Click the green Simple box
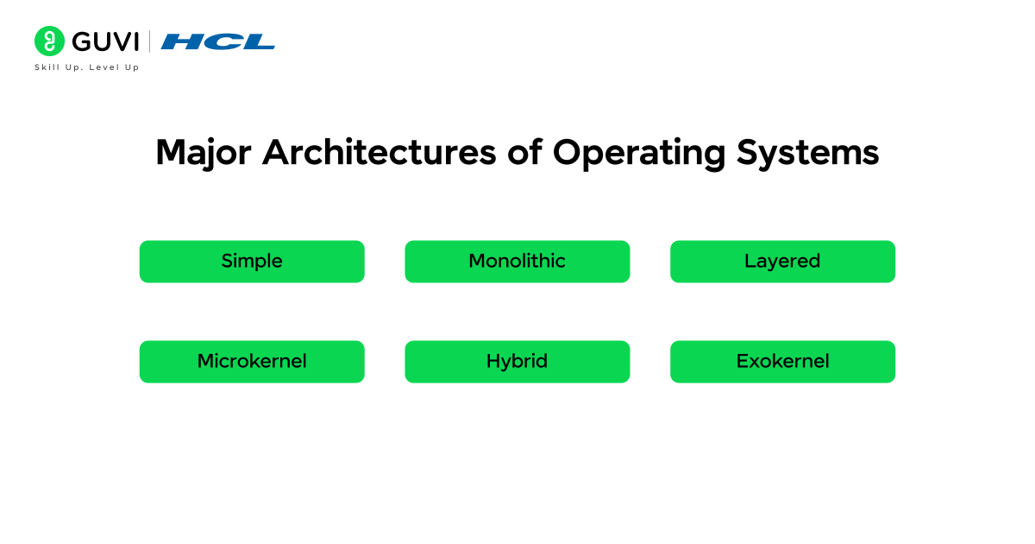pos(252,261)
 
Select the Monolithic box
pos(517,261)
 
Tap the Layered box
pos(782,261)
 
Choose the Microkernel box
pos(252,361)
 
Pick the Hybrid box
pos(517,361)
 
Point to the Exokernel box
pos(782,361)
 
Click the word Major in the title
pos(204,153)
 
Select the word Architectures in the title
pos(379,153)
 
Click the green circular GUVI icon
pos(49,41)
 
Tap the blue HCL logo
pos(218,41)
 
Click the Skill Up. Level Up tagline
pos(86,67)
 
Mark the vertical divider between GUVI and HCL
pos(150,41)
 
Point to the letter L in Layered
pos(749,261)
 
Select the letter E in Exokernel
pos(742,361)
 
